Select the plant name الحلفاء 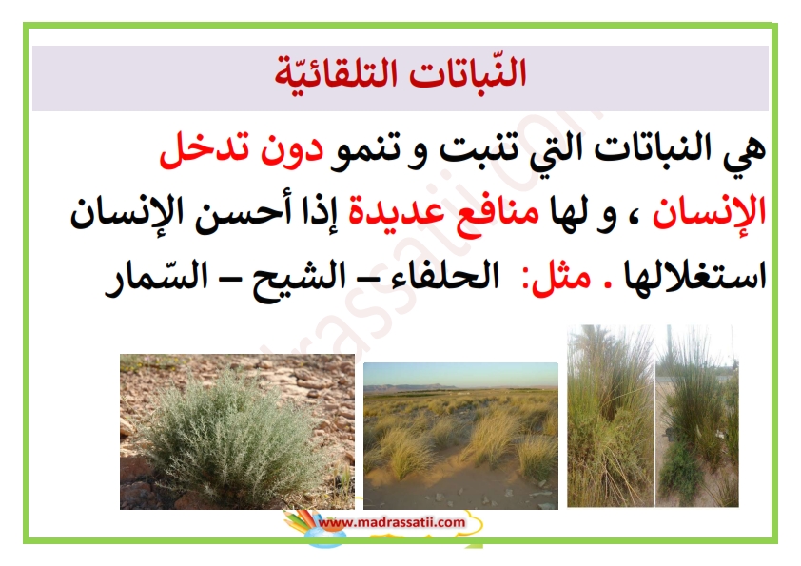pos(444,277)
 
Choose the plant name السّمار pos(156,278)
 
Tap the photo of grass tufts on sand pos(460,436)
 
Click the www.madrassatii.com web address pos(392,522)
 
